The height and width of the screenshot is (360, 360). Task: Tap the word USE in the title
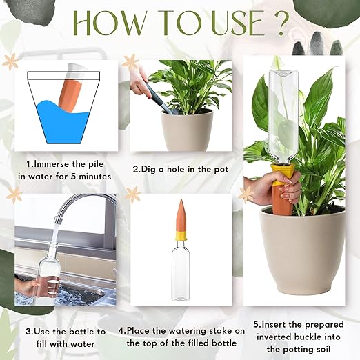(227, 23)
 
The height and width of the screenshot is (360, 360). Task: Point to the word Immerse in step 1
(57, 165)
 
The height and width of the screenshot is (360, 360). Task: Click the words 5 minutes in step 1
(89, 177)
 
